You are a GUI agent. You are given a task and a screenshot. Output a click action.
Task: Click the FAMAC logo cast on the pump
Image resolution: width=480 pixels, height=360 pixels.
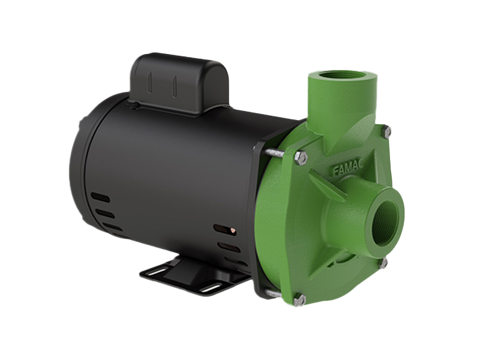click(x=348, y=169)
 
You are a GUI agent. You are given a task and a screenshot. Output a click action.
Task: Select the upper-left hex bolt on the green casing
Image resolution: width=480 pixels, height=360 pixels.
click(x=301, y=158)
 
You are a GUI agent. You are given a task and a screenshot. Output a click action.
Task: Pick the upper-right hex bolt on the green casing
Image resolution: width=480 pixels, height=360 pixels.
click(x=386, y=130)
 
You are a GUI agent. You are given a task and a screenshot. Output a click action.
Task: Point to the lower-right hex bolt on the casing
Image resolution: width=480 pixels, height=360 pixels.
click(x=384, y=263)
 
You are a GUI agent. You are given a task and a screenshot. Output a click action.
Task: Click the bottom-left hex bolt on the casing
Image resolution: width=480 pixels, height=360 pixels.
click(x=299, y=300)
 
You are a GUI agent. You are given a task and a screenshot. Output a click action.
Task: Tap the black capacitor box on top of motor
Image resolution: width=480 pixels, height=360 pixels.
click(x=179, y=83)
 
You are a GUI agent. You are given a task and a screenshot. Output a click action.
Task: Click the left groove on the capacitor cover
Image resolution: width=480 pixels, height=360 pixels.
click(x=150, y=82)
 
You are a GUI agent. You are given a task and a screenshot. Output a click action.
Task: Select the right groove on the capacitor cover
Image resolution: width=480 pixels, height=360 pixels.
click(x=174, y=86)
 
